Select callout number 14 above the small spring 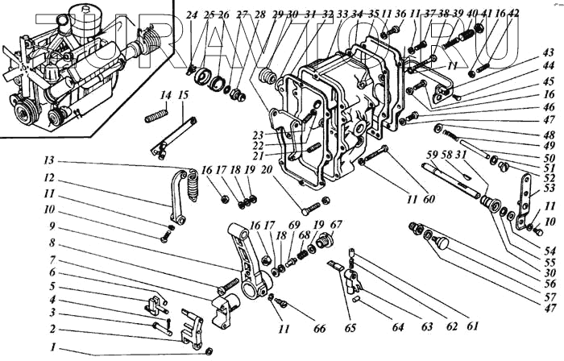pyautogui.click(x=165, y=96)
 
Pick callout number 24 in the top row pyautogui.click(x=191, y=15)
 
